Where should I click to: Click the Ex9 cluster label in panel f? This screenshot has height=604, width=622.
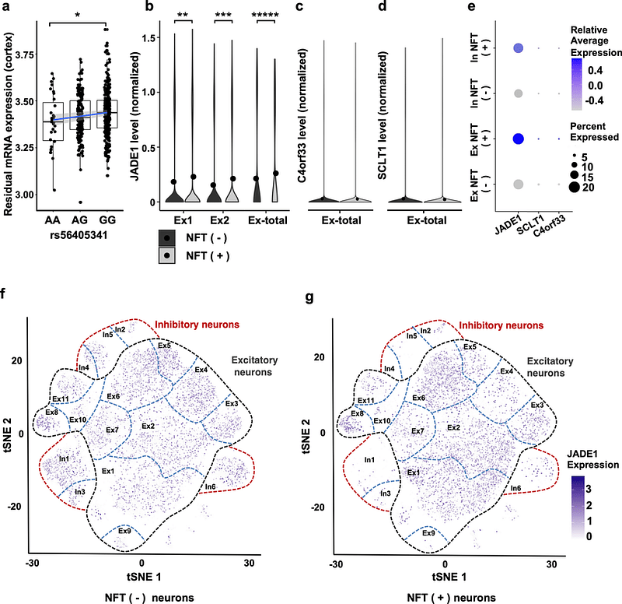tap(124, 531)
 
